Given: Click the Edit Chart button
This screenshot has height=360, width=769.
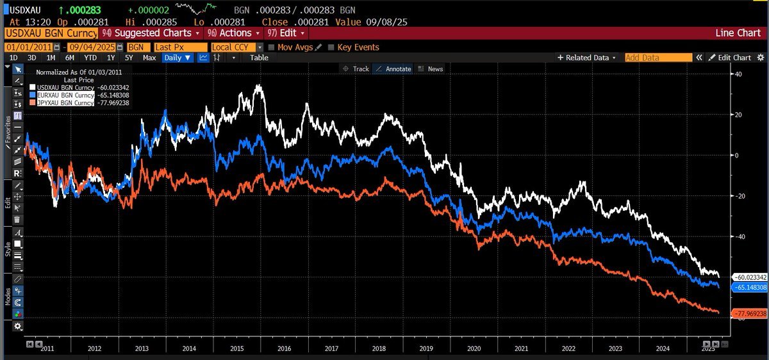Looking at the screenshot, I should tap(733, 58).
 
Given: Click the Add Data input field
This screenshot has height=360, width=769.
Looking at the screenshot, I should tap(658, 58).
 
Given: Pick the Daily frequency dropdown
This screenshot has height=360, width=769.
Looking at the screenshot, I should tap(177, 58).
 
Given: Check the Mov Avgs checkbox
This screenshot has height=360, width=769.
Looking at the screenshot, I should tap(272, 47).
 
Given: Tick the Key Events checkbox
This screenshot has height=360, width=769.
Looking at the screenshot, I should tap(331, 47).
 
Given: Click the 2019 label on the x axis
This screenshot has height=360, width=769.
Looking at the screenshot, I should tap(426, 348).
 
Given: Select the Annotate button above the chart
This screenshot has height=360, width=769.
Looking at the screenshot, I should tap(393, 69).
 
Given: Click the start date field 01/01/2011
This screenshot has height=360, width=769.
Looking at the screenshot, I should tap(29, 47).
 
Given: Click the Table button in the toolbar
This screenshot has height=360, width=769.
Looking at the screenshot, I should tap(259, 58).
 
